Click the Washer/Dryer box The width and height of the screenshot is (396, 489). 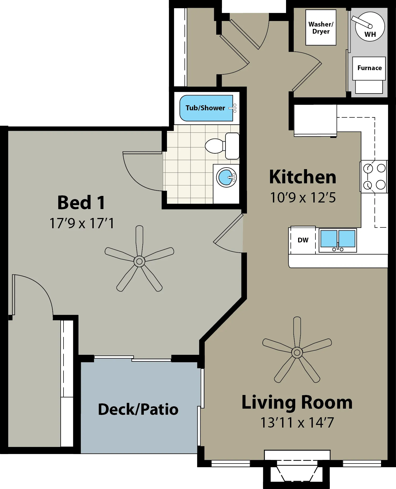321,28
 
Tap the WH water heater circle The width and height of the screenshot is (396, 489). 370,27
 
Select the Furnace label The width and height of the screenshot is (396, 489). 369,68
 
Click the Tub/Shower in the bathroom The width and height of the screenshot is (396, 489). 206,108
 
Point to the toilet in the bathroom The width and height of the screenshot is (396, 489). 222,146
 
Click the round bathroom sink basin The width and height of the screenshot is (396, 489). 226,177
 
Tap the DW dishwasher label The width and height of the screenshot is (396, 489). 303,240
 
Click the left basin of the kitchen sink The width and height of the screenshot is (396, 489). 329,238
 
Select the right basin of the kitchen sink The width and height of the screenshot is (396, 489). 347,238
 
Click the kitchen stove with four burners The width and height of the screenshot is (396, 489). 374,177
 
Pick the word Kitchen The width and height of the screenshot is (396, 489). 303,177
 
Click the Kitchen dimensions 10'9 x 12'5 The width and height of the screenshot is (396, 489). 303,198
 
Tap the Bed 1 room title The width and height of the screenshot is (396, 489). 81,202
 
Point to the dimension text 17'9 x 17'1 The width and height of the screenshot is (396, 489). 82,223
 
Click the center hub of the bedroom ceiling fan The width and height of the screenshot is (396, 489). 139,261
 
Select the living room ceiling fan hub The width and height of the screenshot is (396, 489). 297,352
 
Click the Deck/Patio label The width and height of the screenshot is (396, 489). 138,409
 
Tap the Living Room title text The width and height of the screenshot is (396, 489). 297,402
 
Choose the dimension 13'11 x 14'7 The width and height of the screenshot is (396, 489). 297,423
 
